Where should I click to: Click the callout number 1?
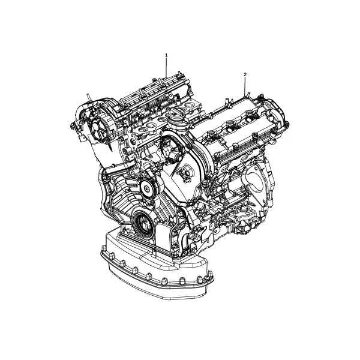click(x=166, y=55)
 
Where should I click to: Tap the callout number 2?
click(x=245, y=74)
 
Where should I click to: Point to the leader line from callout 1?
click(x=166, y=67)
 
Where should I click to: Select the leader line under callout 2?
click(x=245, y=86)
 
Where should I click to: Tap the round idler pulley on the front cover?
click(x=147, y=188)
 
